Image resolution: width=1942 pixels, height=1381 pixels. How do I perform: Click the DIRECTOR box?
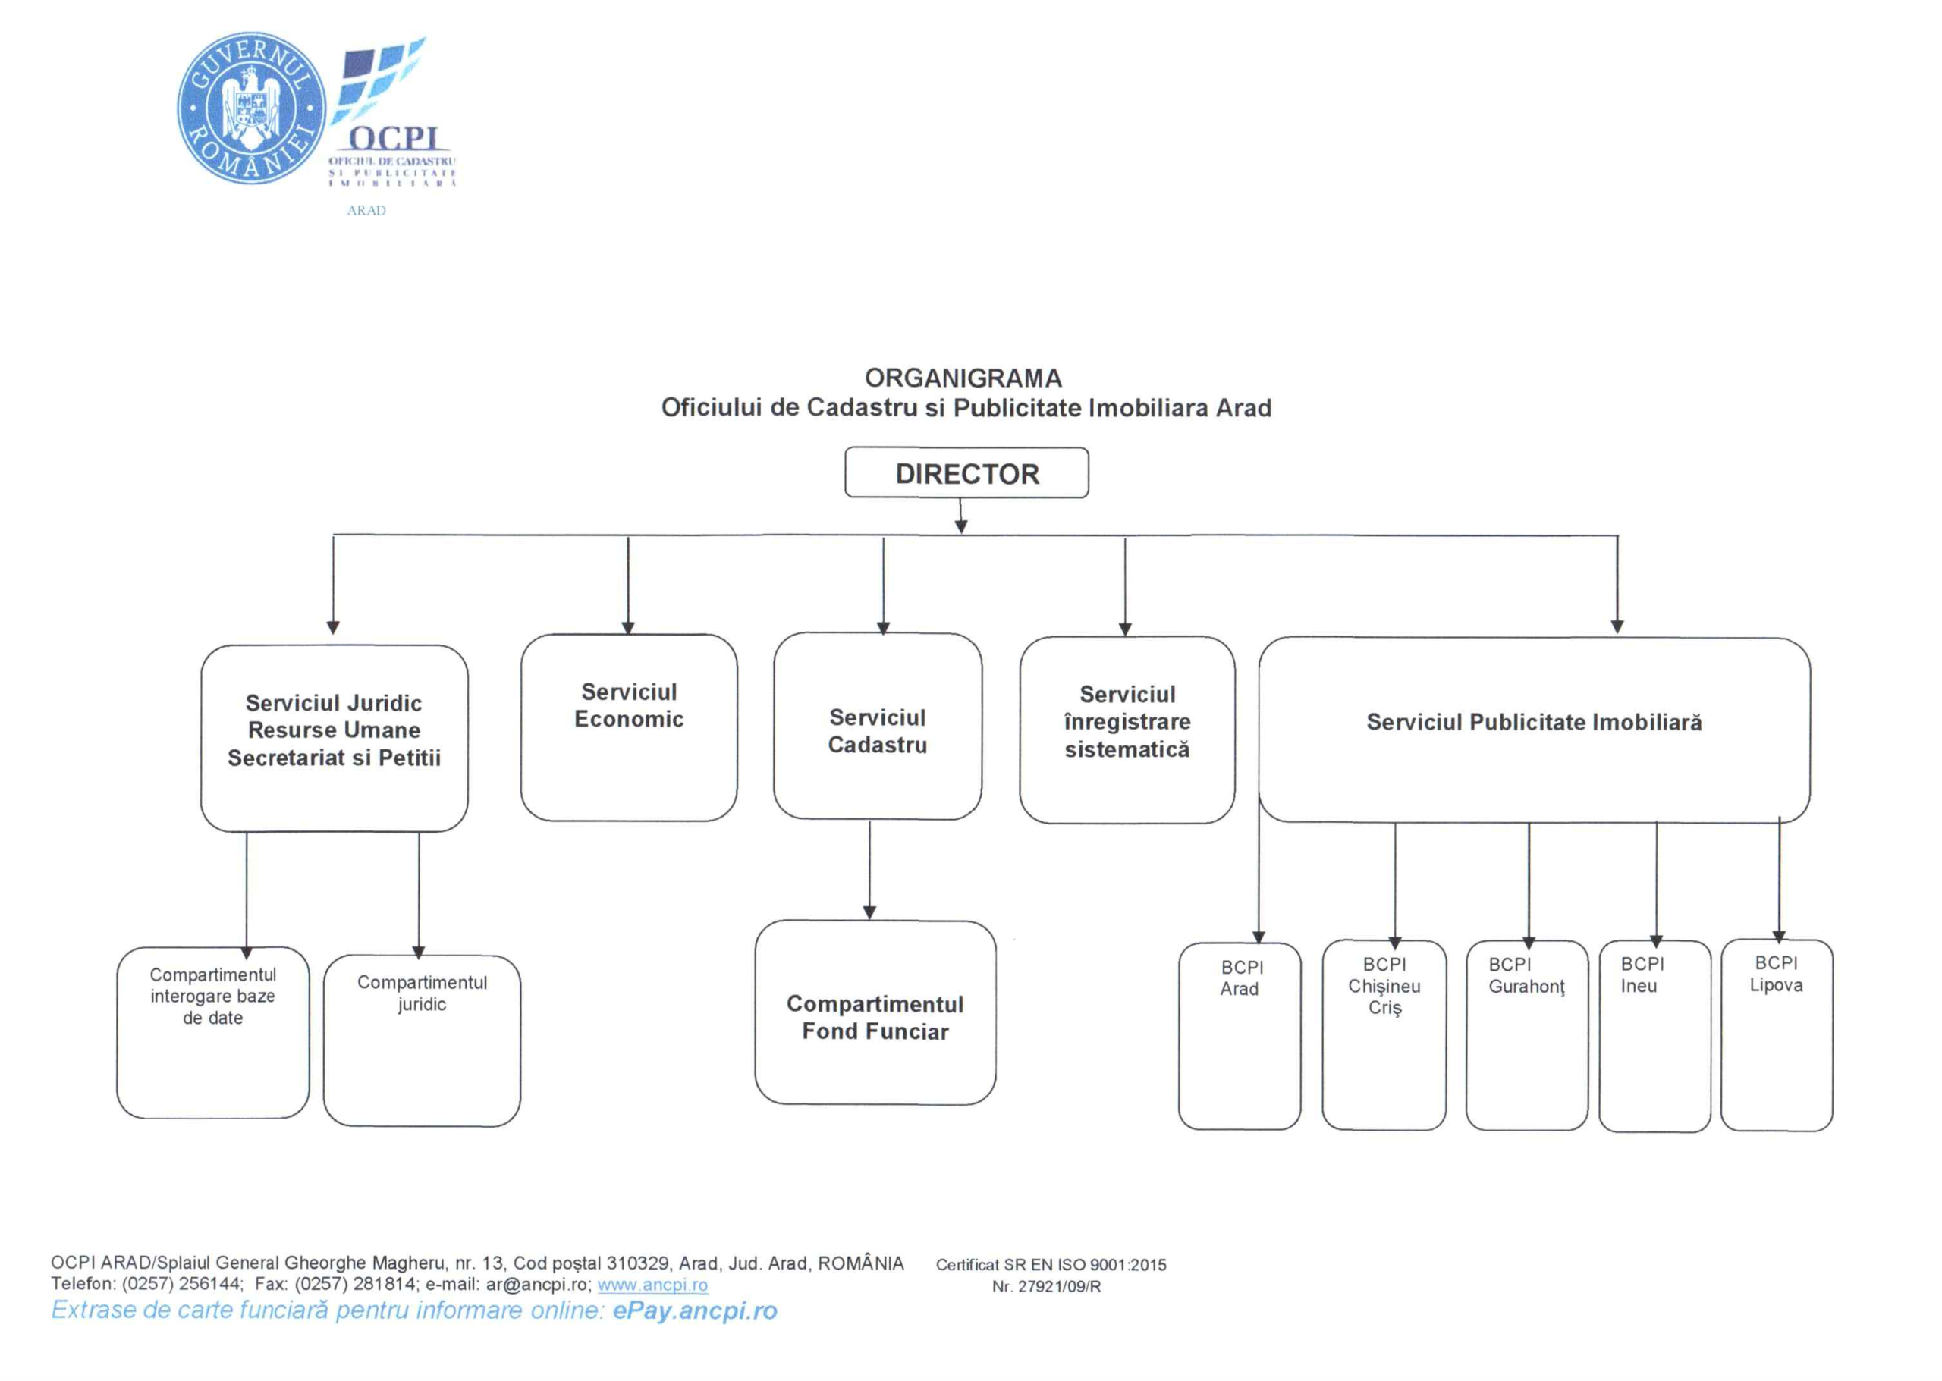pyautogui.click(x=966, y=472)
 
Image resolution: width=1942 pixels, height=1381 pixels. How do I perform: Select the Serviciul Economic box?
pyautogui.click(x=629, y=727)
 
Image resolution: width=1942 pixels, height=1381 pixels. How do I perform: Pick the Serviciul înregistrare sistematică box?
pyautogui.click(x=1127, y=729)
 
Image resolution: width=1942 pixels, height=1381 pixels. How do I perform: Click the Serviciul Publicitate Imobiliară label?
pyautogui.click(x=1533, y=722)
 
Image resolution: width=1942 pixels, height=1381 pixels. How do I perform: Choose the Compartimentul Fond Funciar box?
pyautogui.click(x=875, y=1012)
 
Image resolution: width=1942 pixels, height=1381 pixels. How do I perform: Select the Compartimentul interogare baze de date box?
pyautogui.click(x=212, y=1031)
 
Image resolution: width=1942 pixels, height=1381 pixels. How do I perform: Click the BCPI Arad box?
pyautogui.click(x=1240, y=1035)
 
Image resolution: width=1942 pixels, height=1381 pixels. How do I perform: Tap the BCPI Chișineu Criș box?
pyautogui.click(x=1384, y=1034)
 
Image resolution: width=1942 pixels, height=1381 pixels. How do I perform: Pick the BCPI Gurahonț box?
pyautogui.click(x=1526, y=1034)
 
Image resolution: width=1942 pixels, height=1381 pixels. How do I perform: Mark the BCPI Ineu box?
pyautogui.click(x=1654, y=1035)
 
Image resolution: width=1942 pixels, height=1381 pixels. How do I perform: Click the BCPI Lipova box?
pyautogui.click(x=1776, y=1034)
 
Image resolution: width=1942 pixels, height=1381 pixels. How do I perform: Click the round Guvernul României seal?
pyautogui.click(x=251, y=108)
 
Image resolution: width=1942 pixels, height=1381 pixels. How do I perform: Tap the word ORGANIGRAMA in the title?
pyautogui.click(x=963, y=378)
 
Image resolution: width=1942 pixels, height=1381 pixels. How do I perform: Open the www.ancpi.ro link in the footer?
pyautogui.click(x=652, y=1284)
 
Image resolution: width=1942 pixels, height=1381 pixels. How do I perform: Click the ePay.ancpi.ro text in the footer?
pyautogui.click(x=694, y=1310)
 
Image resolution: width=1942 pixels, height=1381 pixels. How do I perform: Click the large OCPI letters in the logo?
pyautogui.click(x=394, y=139)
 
